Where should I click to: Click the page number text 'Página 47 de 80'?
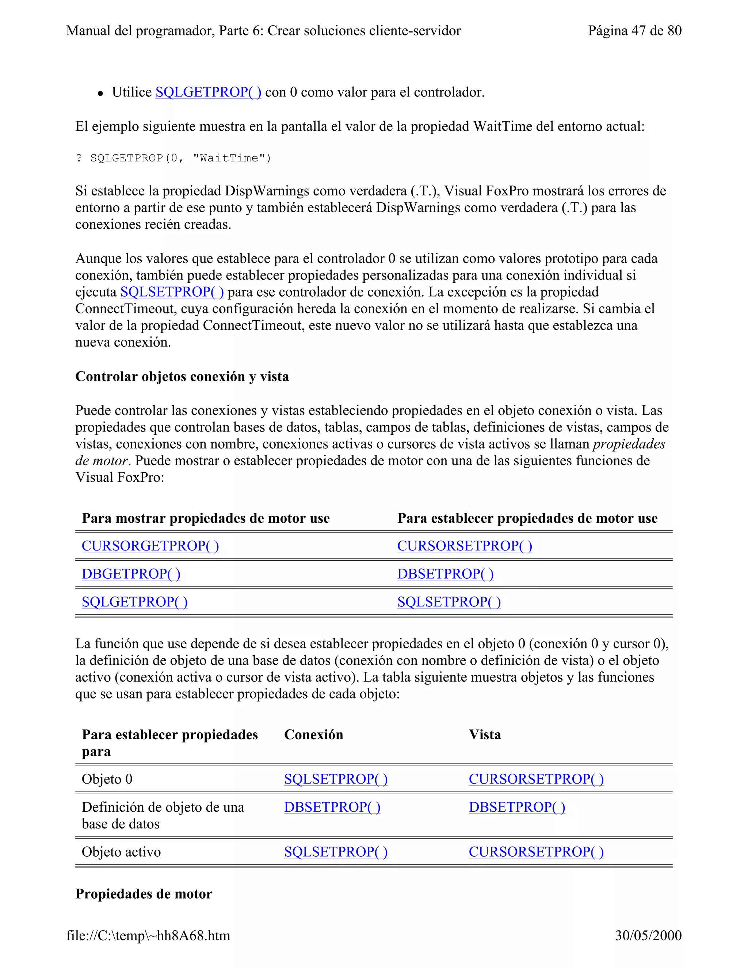click(634, 31)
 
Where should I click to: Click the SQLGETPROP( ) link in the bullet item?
click(208, 92)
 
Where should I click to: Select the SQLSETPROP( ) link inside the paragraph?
click(172, 292)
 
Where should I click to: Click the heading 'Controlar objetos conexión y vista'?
click(182, 377)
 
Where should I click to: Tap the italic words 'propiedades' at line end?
click(629, 444)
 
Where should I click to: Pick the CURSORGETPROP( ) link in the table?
click(150, 546)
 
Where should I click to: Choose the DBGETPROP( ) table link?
click(131, 574)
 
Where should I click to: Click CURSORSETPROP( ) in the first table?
click(465, 546)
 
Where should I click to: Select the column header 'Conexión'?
click(313, 735)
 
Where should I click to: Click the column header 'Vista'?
click(485, 735)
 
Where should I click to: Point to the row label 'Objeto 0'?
click(107, 779)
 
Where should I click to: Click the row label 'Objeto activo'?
click(121, 852)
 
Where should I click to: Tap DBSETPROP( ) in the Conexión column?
click(332, 808)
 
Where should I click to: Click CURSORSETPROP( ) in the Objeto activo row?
click(536, 852)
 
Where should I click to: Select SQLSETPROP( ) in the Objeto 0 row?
click(335, 779)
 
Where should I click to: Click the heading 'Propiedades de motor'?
click(144, 894)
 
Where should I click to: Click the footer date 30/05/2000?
click(648, 935)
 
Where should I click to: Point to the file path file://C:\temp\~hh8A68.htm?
click(148, 935)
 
